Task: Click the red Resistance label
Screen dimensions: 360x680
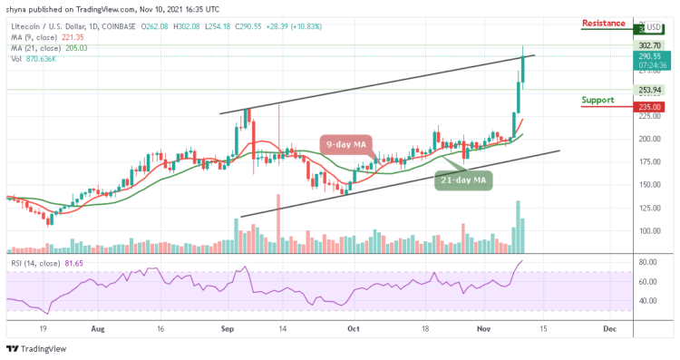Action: (x=603, y=23)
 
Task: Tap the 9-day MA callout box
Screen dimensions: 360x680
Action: (x=345, y=144)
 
